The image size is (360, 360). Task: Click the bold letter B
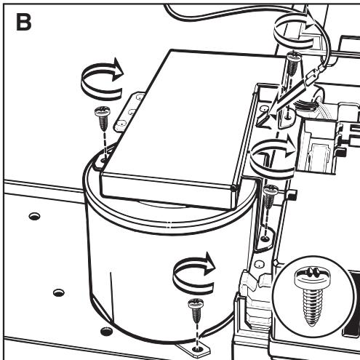pyautogui.click(x=24, y=22)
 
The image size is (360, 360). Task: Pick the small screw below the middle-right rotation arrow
pyautogui.click(x=269, y=196)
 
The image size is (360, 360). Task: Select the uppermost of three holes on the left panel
pyautogui.click(x=34, y=215)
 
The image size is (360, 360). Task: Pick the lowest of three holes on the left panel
pyautogui.click(x=106, y=331)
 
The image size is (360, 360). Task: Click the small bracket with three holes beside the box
pyautogui.click(x=129, y=112)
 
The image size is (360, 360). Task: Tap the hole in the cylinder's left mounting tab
pyautogui.click(x=104, y=160)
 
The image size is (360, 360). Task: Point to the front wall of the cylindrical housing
pyautogui.click(x=159, y=279)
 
